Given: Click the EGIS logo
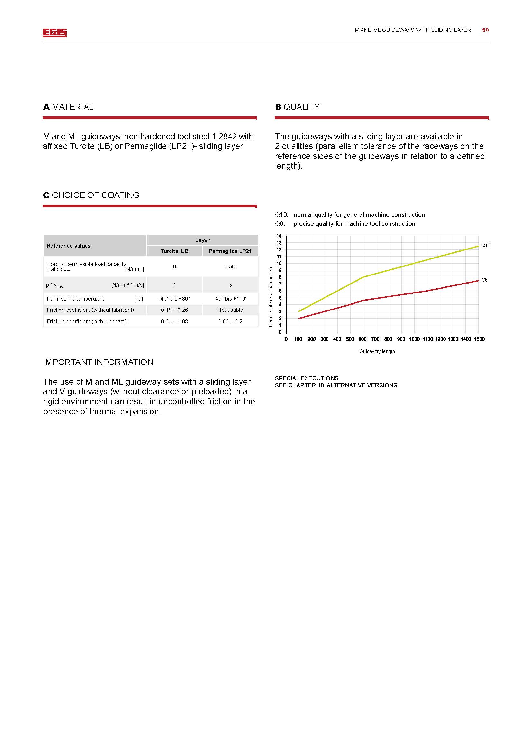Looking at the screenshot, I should point(54,32).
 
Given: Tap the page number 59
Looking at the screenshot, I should point(485,30).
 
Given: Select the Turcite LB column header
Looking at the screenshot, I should point(174,251).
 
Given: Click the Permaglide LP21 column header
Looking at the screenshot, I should point(230,251).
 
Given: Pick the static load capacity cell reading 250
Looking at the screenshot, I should point(230,266).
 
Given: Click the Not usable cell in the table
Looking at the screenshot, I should point(230,310).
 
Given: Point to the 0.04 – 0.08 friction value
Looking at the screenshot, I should point(174,321).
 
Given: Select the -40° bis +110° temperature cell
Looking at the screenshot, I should point(230,299).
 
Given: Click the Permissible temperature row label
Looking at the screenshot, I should point(76,299).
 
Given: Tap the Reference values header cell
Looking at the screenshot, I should point(69,246).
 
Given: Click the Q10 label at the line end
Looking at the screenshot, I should point(485,246).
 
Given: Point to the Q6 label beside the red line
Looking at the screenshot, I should point(484,280).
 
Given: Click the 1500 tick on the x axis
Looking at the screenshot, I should point(479,339).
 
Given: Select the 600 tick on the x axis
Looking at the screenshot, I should point(362,339).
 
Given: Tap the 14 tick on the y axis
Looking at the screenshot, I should point(279,236).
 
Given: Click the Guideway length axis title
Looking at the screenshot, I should point(377,351).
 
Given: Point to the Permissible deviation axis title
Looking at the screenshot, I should point(271,297).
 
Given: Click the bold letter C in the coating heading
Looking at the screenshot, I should point(46,195).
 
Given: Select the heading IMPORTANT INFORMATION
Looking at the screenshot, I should point(98,362).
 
